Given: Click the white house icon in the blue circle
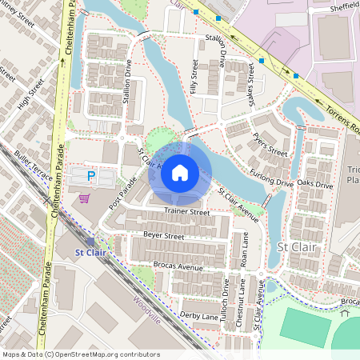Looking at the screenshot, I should pyautogui.click(x=180, y=172).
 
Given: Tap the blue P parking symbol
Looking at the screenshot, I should pyautogui.click(x=91, y=175).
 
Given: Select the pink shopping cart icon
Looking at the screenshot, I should pyautogui.click(x=84, y=198).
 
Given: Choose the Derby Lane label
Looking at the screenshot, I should pyautogui.click(x=199, y=317).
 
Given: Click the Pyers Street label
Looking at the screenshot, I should pyautogui.click(x=270, y=145).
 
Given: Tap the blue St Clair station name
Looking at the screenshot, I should pyautogui.click(x=90, y=253).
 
